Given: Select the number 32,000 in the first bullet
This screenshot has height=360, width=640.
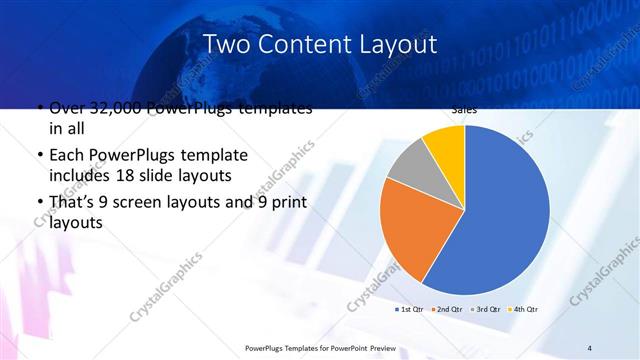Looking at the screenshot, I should [x=121, y=109].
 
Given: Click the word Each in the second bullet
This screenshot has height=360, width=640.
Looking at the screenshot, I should [x=66, y=156].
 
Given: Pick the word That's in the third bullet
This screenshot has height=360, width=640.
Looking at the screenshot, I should [x=73, y=202].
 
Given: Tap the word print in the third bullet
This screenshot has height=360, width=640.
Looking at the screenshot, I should [x=283, y=202].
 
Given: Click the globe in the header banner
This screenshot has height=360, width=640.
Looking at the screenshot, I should [x=190, y=60].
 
